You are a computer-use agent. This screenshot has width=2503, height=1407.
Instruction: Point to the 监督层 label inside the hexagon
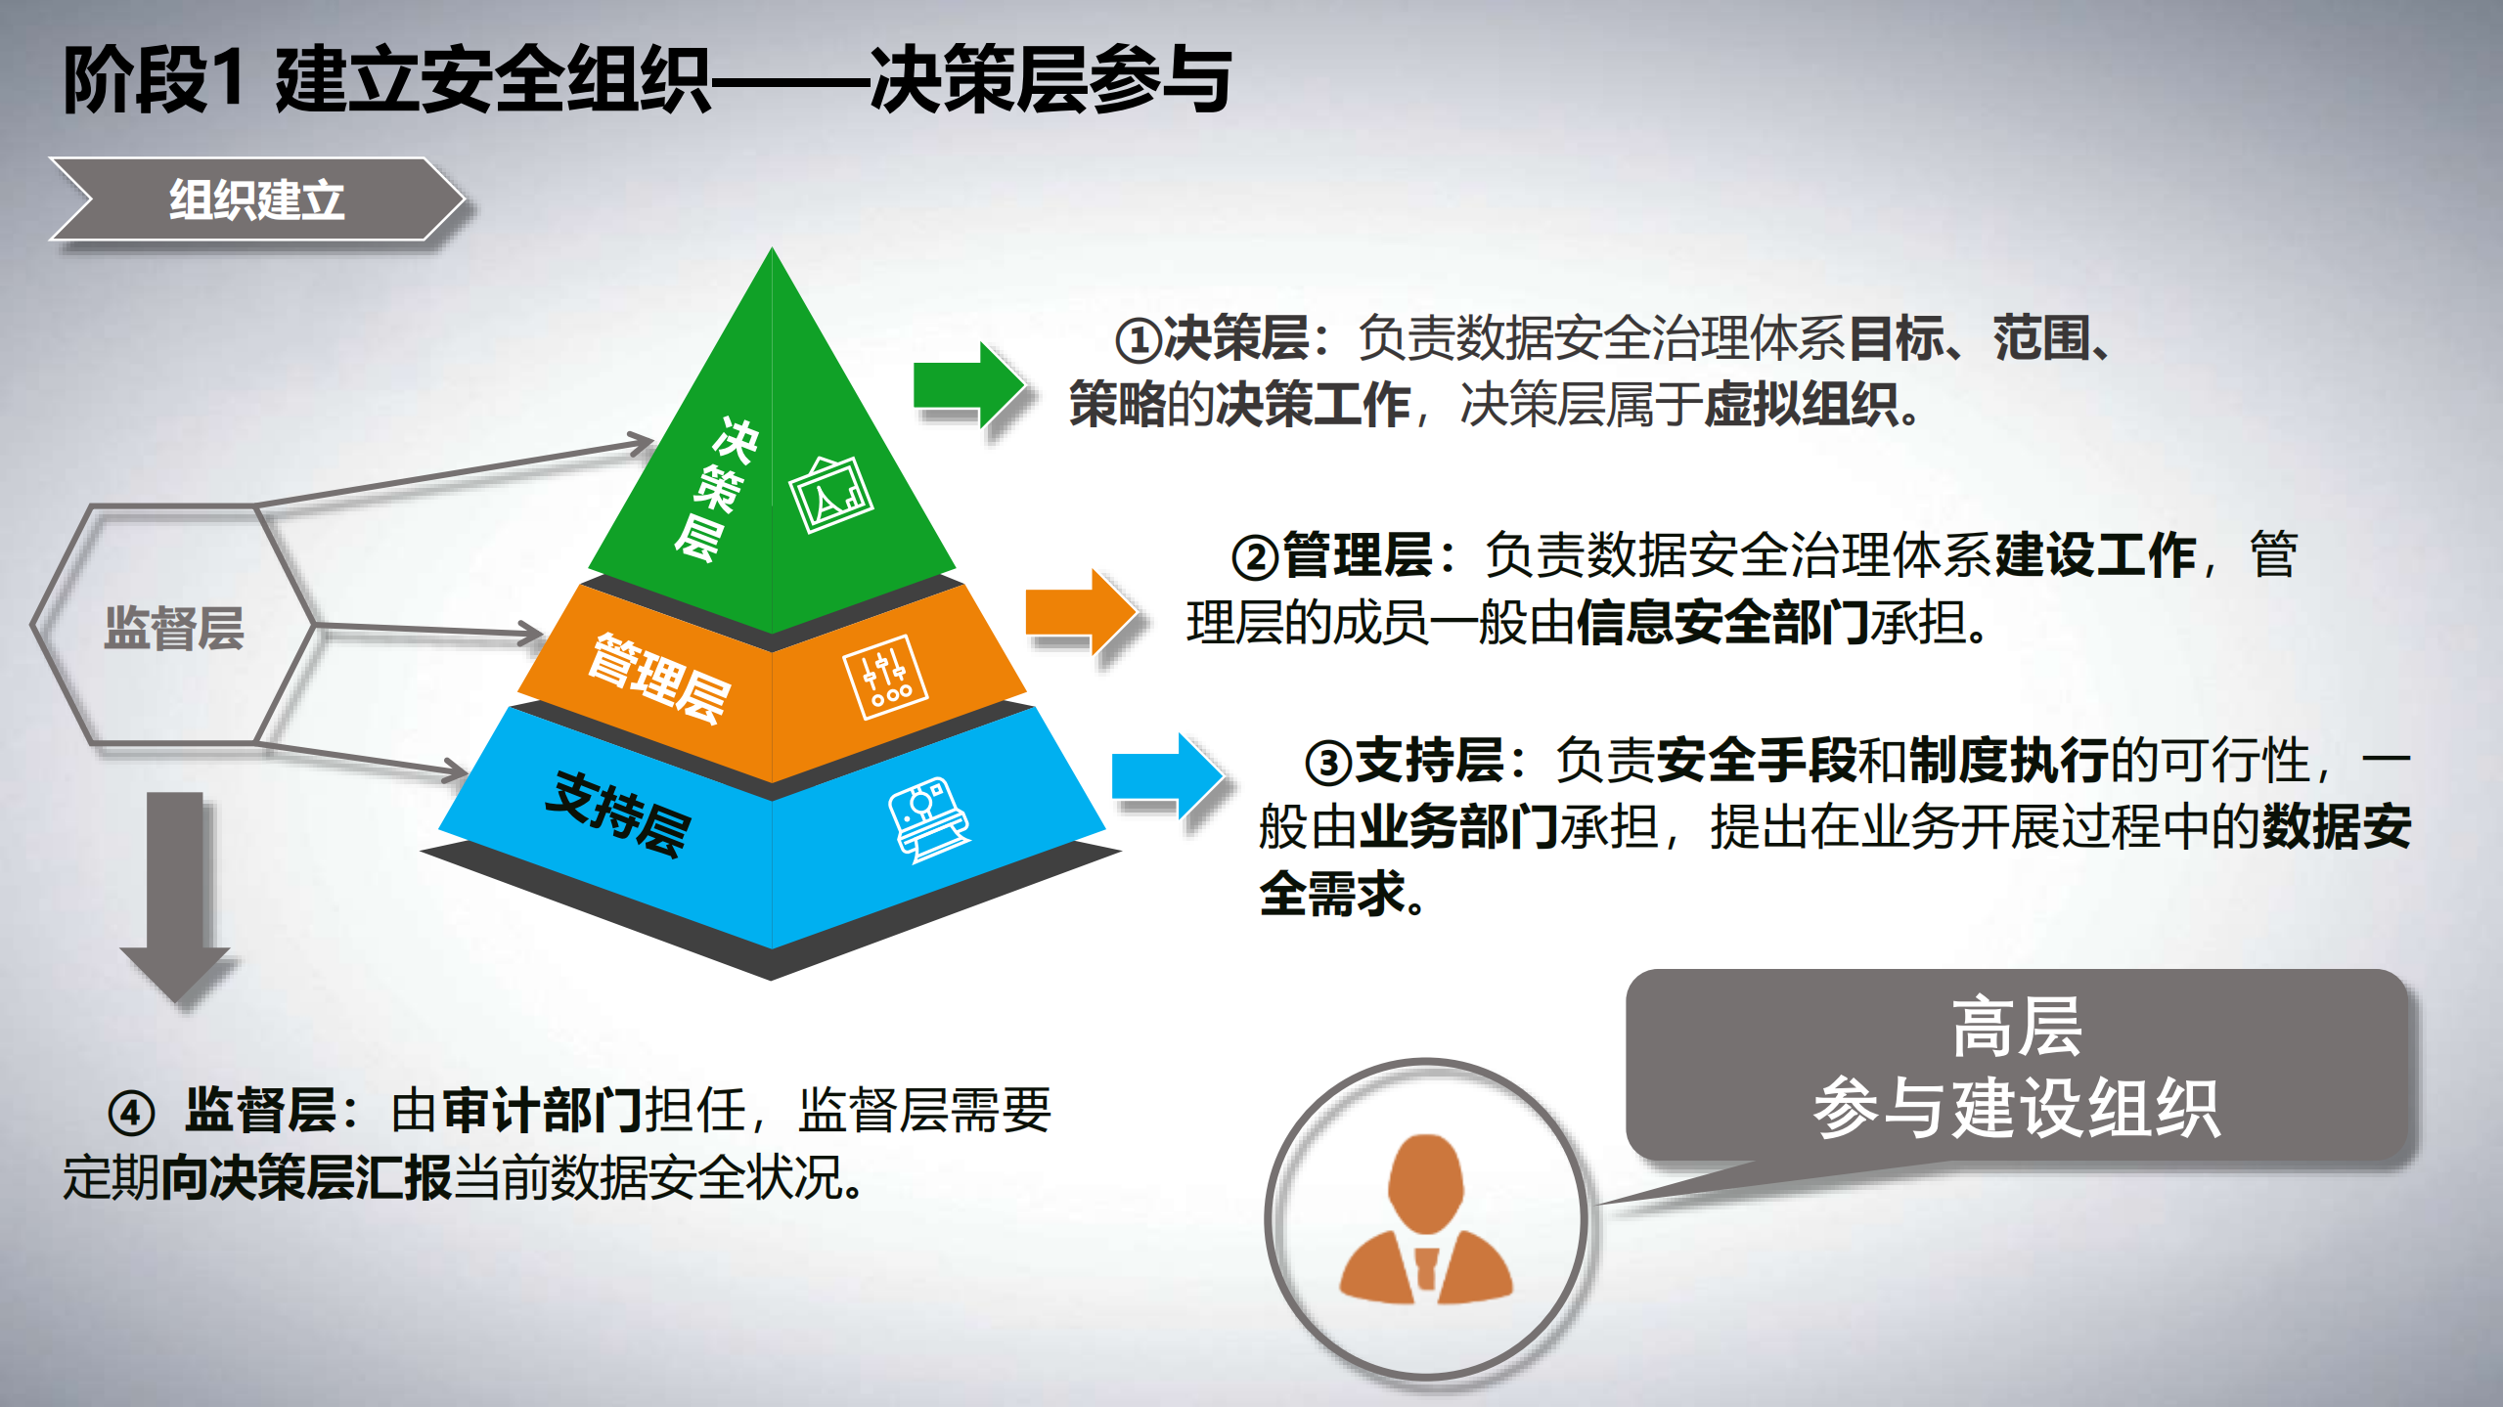(x=174, y=628)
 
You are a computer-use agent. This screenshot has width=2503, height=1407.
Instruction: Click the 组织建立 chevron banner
(x=256, y=199)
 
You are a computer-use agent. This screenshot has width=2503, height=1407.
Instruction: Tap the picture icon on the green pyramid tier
(x=831, y=495)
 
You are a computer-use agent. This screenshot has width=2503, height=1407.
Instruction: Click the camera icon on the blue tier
(x=928, y=819)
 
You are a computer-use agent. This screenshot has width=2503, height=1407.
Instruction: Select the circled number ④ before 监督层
(x=131, y=1114)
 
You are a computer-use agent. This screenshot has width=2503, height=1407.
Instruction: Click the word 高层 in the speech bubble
(x=2017, y=1028)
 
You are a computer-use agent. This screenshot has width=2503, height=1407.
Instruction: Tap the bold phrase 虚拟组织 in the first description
(x=1801, y=404)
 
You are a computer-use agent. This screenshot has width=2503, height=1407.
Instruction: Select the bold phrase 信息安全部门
(x=1722, y=623)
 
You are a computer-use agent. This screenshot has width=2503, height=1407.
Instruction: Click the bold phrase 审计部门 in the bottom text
(x=542, y=1111)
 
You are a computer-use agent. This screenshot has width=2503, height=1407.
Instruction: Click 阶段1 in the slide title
(x=153, y=80)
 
